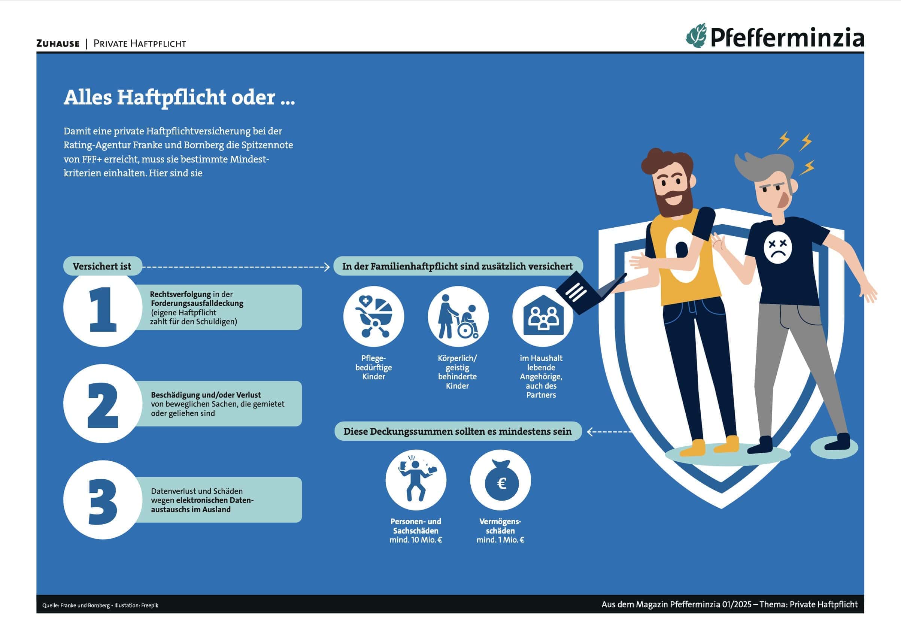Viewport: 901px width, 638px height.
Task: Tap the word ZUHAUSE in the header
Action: click(58, 43)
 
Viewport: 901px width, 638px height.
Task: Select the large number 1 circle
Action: click(103, 308)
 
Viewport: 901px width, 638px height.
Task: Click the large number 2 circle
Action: click(103, 404)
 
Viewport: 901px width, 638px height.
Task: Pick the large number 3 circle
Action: click(103, 500)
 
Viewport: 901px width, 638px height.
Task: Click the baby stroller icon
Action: click(374, 316)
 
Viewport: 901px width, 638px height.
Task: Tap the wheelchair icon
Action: click(458, 316)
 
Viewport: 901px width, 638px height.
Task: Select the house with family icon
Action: click(543, 316)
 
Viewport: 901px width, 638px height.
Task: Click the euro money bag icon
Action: click(501, 480)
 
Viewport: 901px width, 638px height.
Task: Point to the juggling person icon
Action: click(416, 480)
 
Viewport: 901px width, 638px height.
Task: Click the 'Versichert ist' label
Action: click(102, 266)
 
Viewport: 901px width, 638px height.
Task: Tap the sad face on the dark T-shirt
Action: click(778, 246)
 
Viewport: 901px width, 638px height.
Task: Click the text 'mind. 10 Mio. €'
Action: click(416, 540)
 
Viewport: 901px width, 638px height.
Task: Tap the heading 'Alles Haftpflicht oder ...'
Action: click(179, 97)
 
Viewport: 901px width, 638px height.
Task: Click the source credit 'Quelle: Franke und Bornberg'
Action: click(76, 605)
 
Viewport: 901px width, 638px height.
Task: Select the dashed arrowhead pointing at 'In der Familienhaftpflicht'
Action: click(327, 267)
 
